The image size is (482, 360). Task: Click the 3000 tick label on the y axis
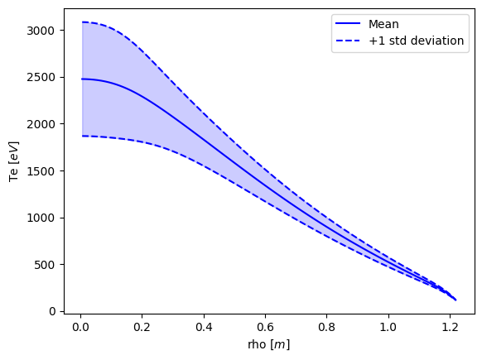coord(41,31)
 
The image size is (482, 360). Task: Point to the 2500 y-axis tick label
coord(41,78)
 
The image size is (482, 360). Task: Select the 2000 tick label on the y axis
coord(41,124)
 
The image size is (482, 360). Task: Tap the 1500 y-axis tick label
coord(41,171)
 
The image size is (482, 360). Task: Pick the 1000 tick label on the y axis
coord(41,218)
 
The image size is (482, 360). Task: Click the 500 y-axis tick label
coord(44,265)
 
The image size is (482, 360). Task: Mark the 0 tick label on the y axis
coord(52,311)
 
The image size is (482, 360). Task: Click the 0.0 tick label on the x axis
coord(80,327)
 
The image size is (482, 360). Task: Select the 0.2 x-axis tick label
coord(142,327)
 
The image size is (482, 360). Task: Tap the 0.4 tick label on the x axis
coord(204,327)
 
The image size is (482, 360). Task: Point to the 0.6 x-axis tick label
coord(265,327)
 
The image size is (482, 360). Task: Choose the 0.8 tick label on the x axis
coord(327,327)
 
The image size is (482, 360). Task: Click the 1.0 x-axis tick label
coord(388,327)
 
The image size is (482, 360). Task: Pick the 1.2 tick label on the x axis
coord(450,327)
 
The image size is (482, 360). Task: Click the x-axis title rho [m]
coord(268,344)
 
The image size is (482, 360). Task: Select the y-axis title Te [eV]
coord(13,161)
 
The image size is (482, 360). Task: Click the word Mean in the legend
coord(383,24)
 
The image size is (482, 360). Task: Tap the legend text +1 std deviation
coord(417,41)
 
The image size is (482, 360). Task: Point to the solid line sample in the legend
coord(348,23)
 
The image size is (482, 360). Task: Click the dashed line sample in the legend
coord(348,41)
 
